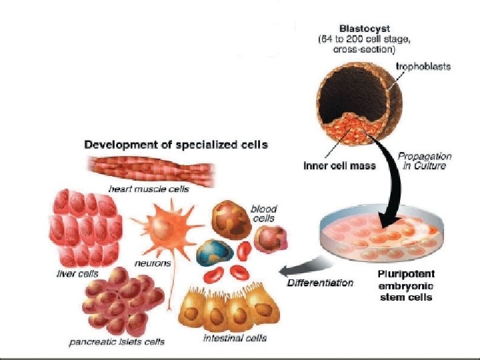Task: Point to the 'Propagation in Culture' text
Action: click(425, 161)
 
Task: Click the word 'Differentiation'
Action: click(320, 283)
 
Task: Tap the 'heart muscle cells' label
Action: click(149, 189)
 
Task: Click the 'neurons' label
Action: click(153, 263)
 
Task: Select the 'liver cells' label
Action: click(77, 273)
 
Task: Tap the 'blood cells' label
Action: click(263, 213)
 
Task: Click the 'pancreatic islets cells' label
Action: click(117, 342)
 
